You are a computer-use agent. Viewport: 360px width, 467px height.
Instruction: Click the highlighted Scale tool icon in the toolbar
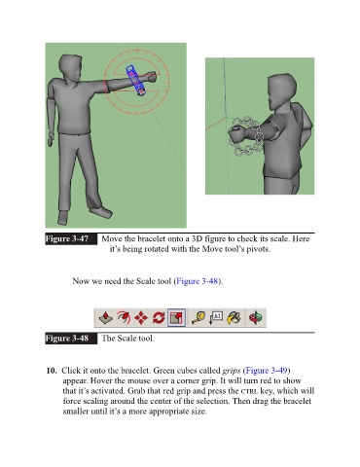176,317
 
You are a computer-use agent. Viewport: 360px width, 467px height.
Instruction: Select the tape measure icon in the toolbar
198,317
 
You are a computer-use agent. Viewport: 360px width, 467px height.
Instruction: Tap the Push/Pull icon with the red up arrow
105,317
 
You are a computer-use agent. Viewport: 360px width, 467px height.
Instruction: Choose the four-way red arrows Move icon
141,318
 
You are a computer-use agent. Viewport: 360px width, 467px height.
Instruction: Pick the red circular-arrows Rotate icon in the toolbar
159,318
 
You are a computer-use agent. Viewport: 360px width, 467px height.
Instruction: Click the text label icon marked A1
216,317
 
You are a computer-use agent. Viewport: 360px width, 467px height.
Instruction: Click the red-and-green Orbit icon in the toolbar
256,317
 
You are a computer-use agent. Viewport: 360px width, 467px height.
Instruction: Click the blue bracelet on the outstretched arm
136,81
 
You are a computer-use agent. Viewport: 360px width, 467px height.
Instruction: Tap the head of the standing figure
70,69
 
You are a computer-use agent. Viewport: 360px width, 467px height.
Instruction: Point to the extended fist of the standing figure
151,77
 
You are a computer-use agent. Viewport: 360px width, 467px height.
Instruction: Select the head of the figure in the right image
280,92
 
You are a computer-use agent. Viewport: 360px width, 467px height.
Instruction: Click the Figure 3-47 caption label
67,238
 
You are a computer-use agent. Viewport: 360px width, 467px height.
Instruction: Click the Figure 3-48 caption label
67,339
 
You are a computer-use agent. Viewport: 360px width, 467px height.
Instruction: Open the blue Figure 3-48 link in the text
197,281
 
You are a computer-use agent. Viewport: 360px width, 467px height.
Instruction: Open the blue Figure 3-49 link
267,371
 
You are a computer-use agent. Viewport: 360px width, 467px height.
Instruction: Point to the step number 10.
52,371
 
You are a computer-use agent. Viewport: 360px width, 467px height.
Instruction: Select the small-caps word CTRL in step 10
250,391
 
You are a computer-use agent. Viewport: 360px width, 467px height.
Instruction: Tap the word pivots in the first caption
258,249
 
